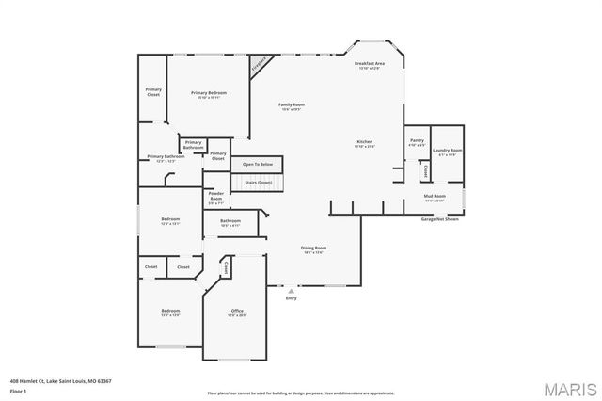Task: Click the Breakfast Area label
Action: point(370,65)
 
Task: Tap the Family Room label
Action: point(291,106)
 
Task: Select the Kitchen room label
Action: point(364,144)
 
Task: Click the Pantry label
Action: point(417,143)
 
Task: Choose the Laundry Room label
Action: point(448,152)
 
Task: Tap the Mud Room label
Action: point(435,198)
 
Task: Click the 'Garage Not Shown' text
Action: point(440,219)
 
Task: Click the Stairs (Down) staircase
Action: point(258,182)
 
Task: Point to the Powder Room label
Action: point(215,197)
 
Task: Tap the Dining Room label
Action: point(314,249)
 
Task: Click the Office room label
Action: point(237,313)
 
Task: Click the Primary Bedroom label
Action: point(208,94)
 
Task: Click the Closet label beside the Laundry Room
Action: point(425,171)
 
